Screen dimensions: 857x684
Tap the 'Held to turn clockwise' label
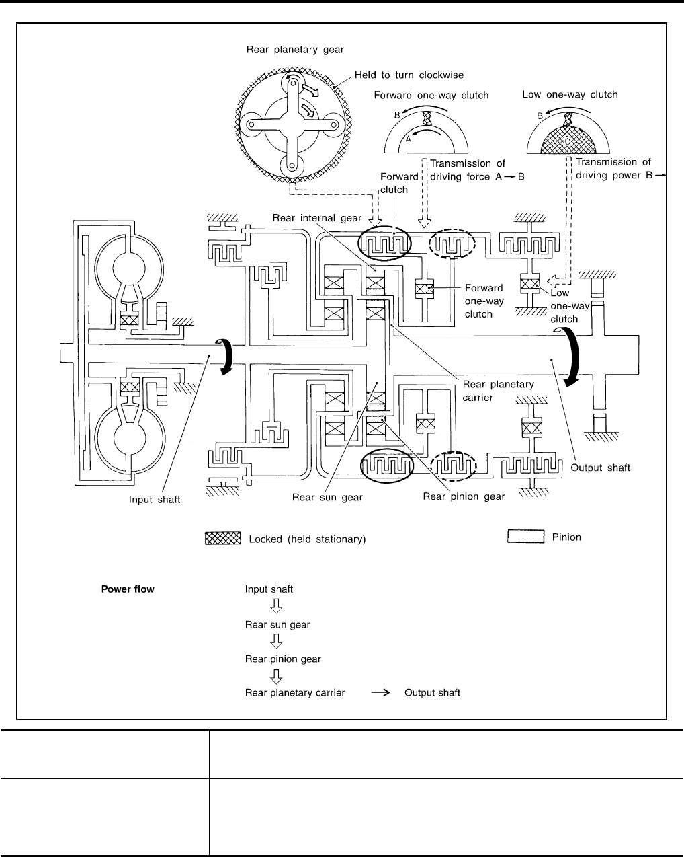(409, 75)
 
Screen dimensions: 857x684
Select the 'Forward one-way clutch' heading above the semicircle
(431, 96)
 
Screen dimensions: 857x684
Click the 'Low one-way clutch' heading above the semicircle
(570, 94)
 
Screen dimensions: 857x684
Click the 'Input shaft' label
(155, 500)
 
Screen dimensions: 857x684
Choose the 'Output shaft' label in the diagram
(600, 468)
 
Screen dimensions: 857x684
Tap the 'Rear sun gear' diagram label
(327, 498)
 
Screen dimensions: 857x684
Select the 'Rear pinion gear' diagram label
(464, 497)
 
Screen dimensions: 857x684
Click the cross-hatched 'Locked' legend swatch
(222, 538)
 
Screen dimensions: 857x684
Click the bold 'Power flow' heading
(128, 589)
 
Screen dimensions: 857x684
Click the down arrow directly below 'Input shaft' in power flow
(275, 607)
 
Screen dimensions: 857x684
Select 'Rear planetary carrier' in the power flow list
(295, 693)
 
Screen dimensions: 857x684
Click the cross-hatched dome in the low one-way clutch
(570, 138)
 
